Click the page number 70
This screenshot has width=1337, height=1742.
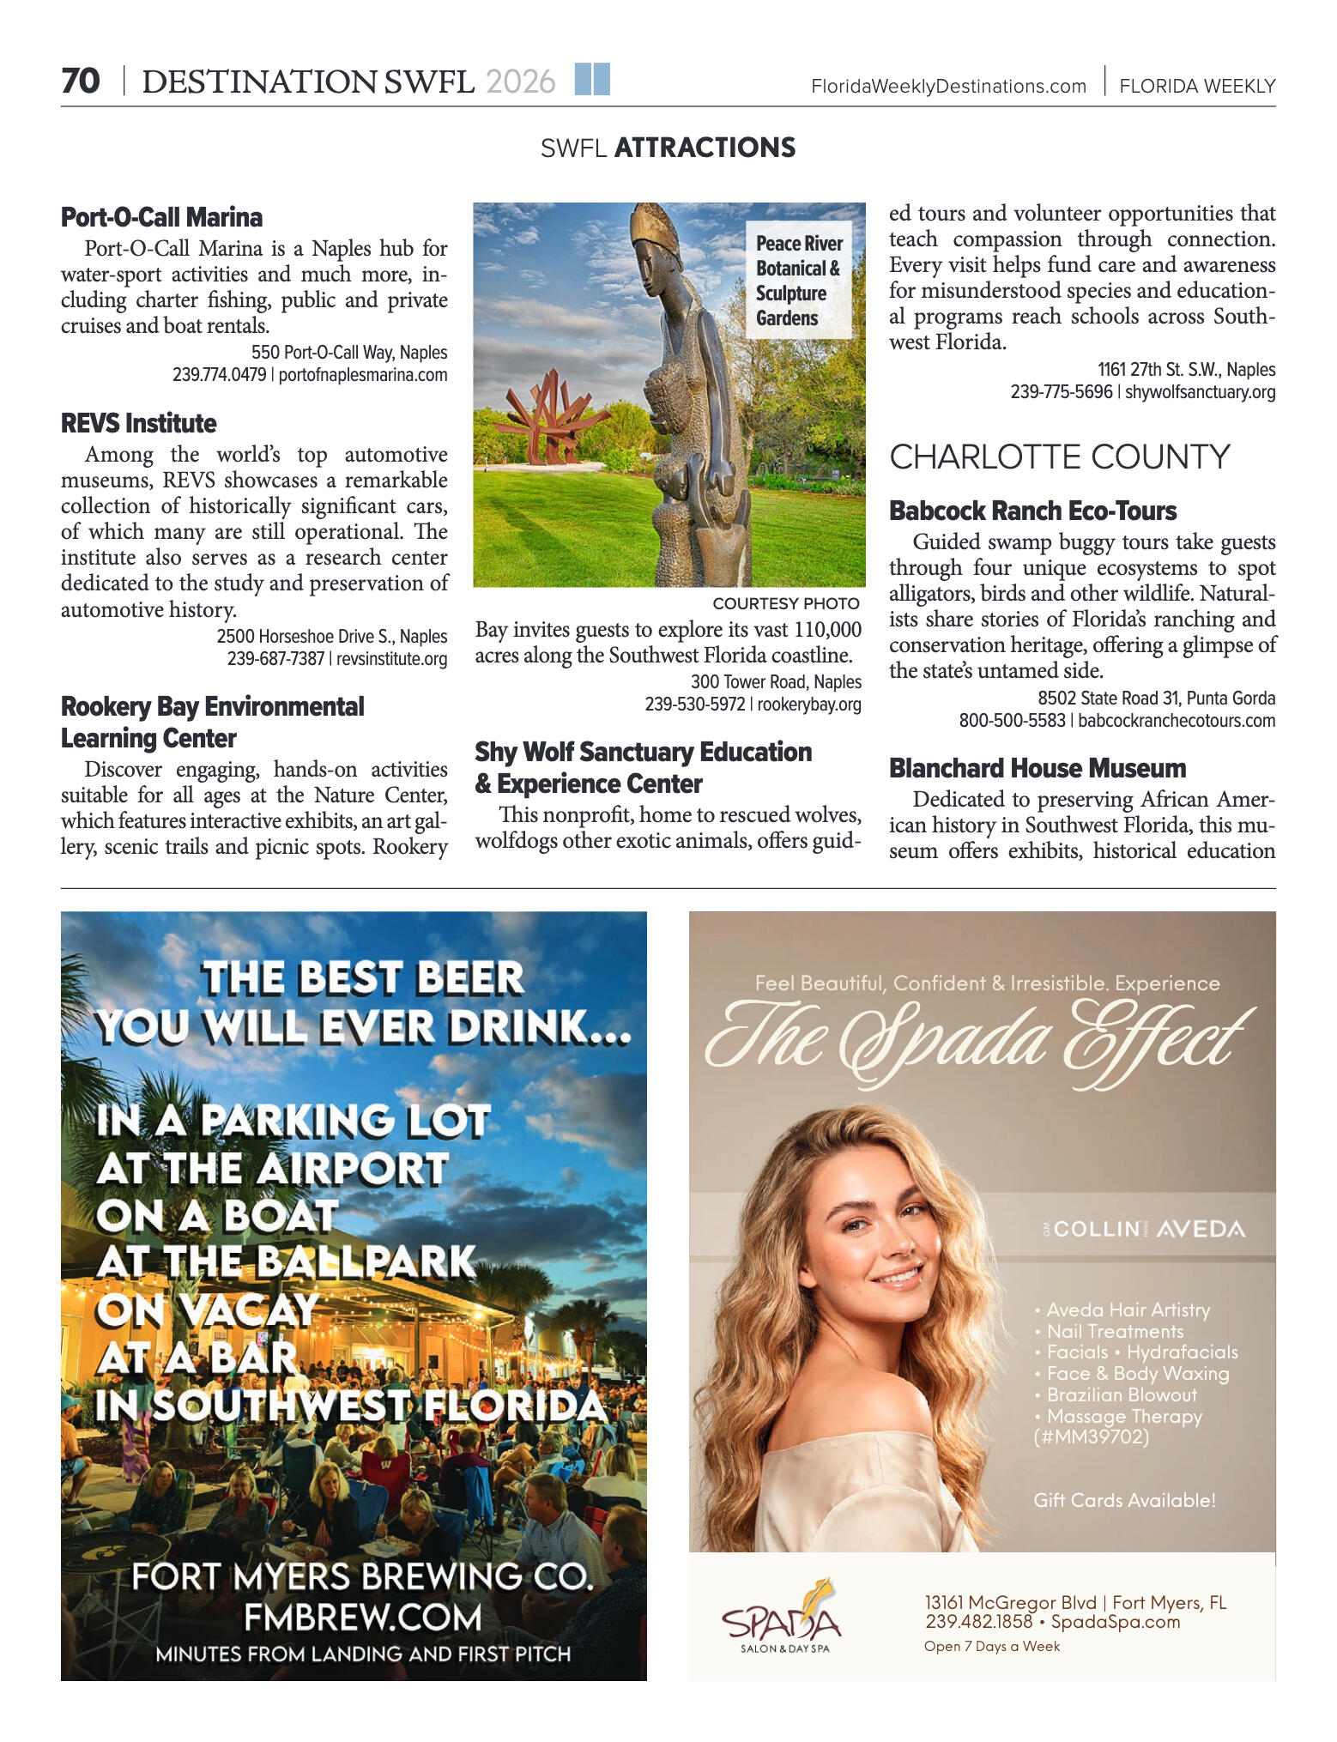[x=81, y=82]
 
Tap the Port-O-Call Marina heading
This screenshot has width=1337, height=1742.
[x=161, y=217]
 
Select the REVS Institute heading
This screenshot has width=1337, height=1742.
[x=138, y=423]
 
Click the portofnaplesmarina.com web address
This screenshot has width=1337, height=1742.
[x=363, y=375]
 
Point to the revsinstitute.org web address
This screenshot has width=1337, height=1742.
[x=391, y=658]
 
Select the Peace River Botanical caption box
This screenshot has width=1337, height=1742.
[x=798, y=281]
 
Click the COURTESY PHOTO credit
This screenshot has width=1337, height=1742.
[x=785, y=603]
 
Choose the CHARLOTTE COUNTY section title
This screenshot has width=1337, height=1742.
[x=1059, y=457]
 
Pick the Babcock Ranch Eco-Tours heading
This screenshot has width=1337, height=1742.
[x=1032, y=511]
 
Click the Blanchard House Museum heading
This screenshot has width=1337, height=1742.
[x=1037, y=768]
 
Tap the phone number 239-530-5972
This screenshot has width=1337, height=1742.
[x=695, y=705]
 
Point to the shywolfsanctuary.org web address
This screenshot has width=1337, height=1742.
[x=1200, y=392]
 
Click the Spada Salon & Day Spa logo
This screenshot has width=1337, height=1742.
[x=781, y=1618]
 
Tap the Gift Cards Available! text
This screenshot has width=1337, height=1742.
[x=1124, y=1500]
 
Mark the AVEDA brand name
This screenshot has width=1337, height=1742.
[x=1200, y=1229]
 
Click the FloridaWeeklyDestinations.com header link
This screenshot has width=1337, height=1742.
[x=948, y=87]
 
